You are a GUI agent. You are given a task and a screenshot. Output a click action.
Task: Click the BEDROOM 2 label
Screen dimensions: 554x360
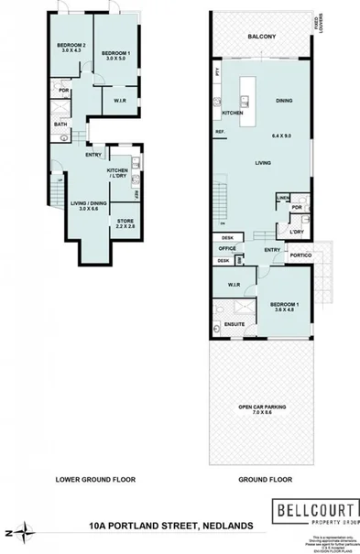tap(71, 47)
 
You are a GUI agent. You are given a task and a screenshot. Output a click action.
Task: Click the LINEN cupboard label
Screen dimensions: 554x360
tap(283, 198)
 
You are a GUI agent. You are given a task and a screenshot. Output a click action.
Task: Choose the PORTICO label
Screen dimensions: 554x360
tap(302, 255)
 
